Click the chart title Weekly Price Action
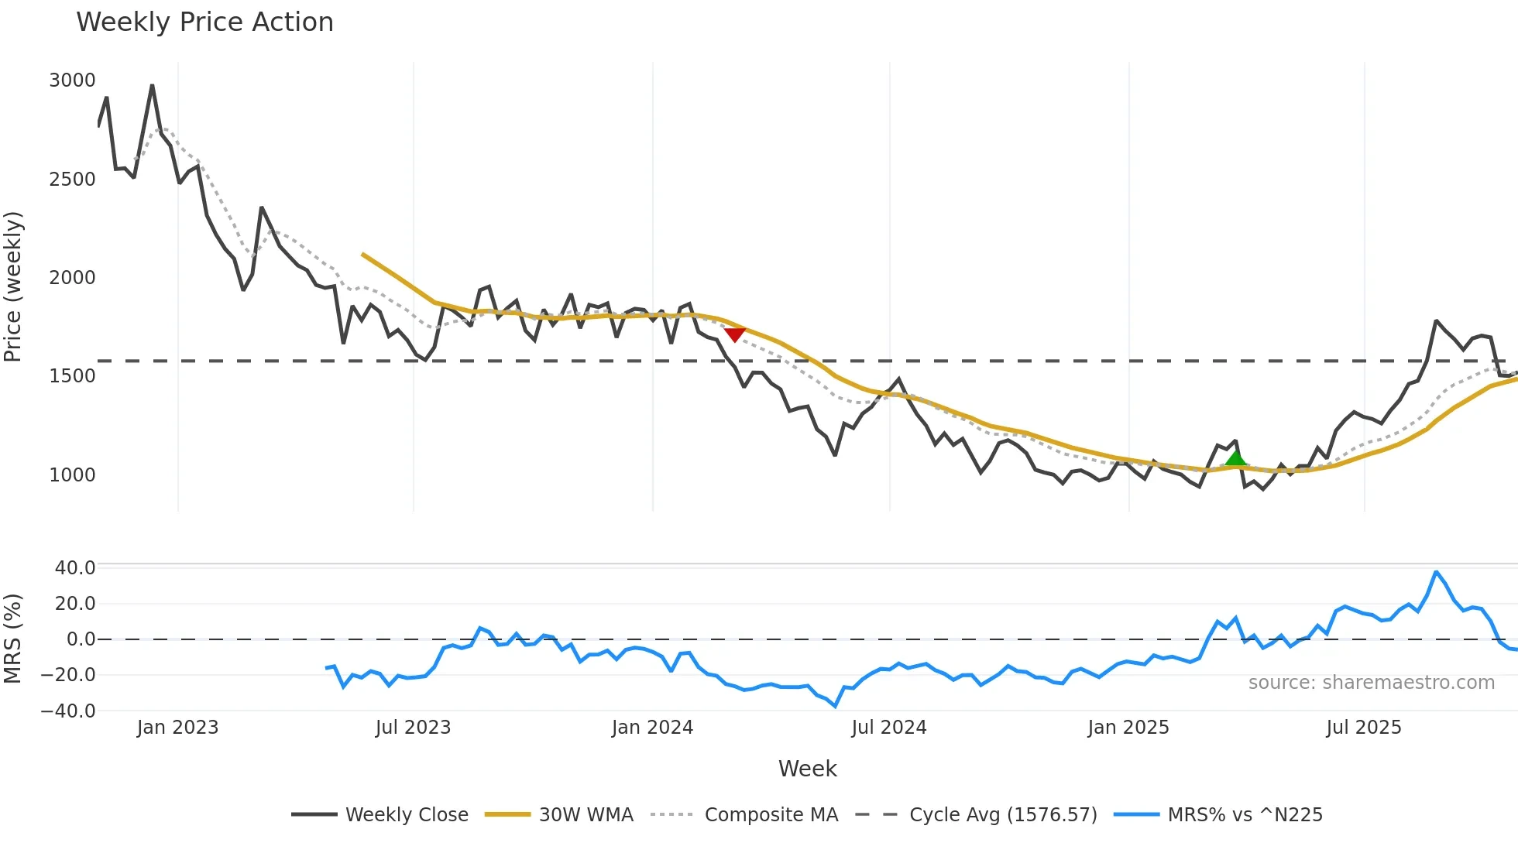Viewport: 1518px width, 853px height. [x=204, y=22]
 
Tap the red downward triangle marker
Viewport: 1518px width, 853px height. [x=734, y=334]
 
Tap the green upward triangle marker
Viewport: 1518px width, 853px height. [x=1236, y=458]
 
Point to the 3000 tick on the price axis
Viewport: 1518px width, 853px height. [x=72, y=81]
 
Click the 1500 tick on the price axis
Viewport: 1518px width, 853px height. [x=72, y=376]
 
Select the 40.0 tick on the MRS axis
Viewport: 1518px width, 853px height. [x=74, y=567]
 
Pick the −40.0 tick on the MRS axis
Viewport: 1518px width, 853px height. [x=68, y=711]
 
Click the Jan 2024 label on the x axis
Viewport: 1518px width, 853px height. [x=652, y=728]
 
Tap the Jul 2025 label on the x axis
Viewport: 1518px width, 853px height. [x=1363, y=728]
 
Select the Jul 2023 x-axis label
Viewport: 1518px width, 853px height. [x=413, y=728]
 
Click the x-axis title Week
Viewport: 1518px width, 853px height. [x=807, y=769]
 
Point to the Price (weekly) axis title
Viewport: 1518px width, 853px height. [x=13, y=286]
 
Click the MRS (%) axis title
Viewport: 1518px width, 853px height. [x=13, y=639]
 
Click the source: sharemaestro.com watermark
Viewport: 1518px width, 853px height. [x=1371, y=683]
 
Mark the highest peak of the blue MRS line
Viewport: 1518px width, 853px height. [x=1436, y=572]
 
